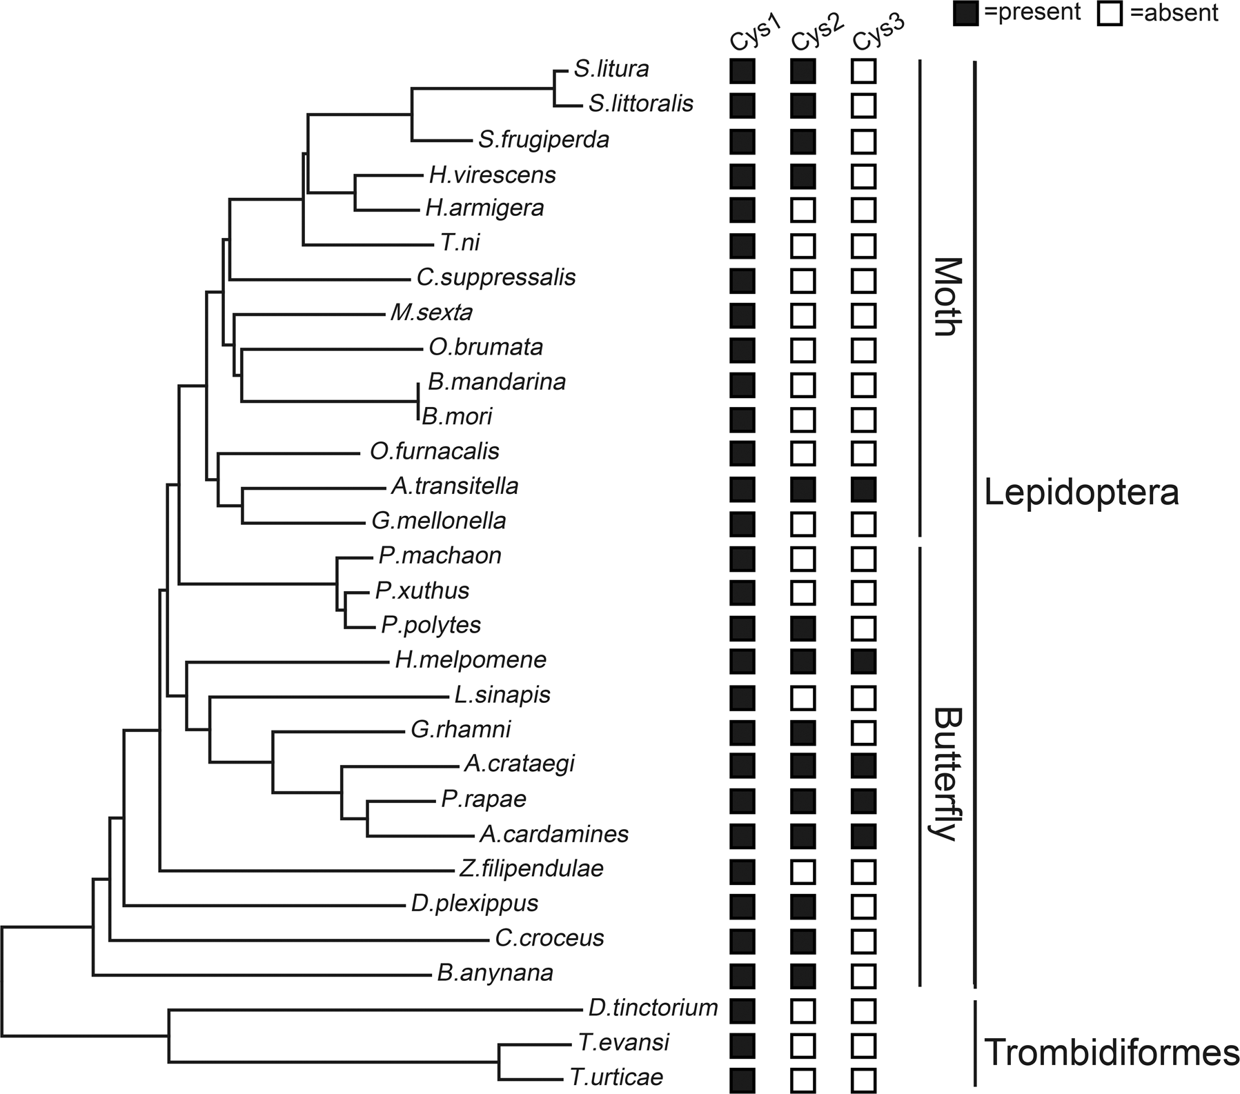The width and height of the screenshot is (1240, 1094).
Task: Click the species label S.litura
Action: click(x=611, y=69)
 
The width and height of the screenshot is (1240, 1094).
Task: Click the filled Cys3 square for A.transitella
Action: click(x=864, y=489)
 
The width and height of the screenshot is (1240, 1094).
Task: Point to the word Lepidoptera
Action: click(x=1081, y=493)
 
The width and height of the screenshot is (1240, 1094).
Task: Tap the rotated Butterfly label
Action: click(x=947, y=773)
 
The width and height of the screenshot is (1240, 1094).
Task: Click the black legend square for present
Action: click(x=965, y=14)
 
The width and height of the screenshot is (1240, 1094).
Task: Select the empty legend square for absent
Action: click(x=1109, y=14)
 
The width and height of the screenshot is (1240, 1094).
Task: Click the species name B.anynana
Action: click(x=495, y=973)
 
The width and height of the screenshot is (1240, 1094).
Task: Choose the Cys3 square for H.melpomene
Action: click(x=864, y=662)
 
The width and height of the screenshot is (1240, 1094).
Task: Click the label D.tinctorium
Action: click(x=653, y=1008)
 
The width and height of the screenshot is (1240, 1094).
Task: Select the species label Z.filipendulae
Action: click(x=531, y=868)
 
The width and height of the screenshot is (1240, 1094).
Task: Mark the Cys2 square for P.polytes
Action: click(x=803, y=628)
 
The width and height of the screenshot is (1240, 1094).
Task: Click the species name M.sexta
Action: click(x=431, y=312)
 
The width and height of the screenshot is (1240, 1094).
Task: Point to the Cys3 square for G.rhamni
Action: click(x=864, y=732)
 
